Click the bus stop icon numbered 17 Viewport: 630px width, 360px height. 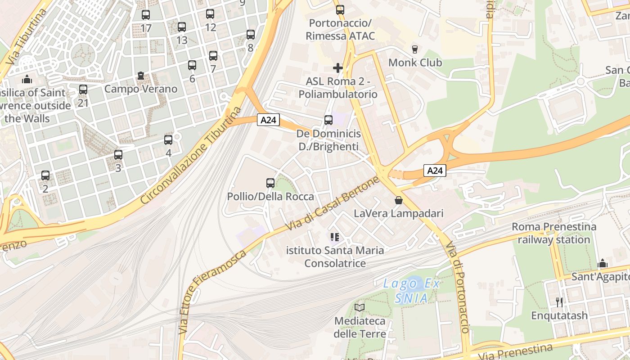145,15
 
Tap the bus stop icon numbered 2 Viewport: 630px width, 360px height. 45,175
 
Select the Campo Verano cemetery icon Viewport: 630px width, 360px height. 141,76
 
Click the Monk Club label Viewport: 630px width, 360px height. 415,63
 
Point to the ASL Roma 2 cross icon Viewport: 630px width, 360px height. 337,68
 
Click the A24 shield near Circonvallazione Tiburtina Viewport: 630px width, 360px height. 269,120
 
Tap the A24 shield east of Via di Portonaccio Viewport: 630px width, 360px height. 435,171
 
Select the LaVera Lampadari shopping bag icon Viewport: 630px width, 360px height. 398,200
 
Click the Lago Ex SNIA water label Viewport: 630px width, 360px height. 411,291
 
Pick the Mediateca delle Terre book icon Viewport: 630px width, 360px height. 359,308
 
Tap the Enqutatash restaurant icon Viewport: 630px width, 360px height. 559,302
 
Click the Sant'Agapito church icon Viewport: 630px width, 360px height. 602,263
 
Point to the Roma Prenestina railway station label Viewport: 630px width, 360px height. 553,233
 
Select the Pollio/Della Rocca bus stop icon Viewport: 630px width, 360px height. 270,183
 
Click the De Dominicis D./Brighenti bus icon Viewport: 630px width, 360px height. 328,120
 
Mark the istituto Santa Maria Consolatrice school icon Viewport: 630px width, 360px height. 334,237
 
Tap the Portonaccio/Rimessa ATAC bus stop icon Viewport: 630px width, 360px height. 340,9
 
